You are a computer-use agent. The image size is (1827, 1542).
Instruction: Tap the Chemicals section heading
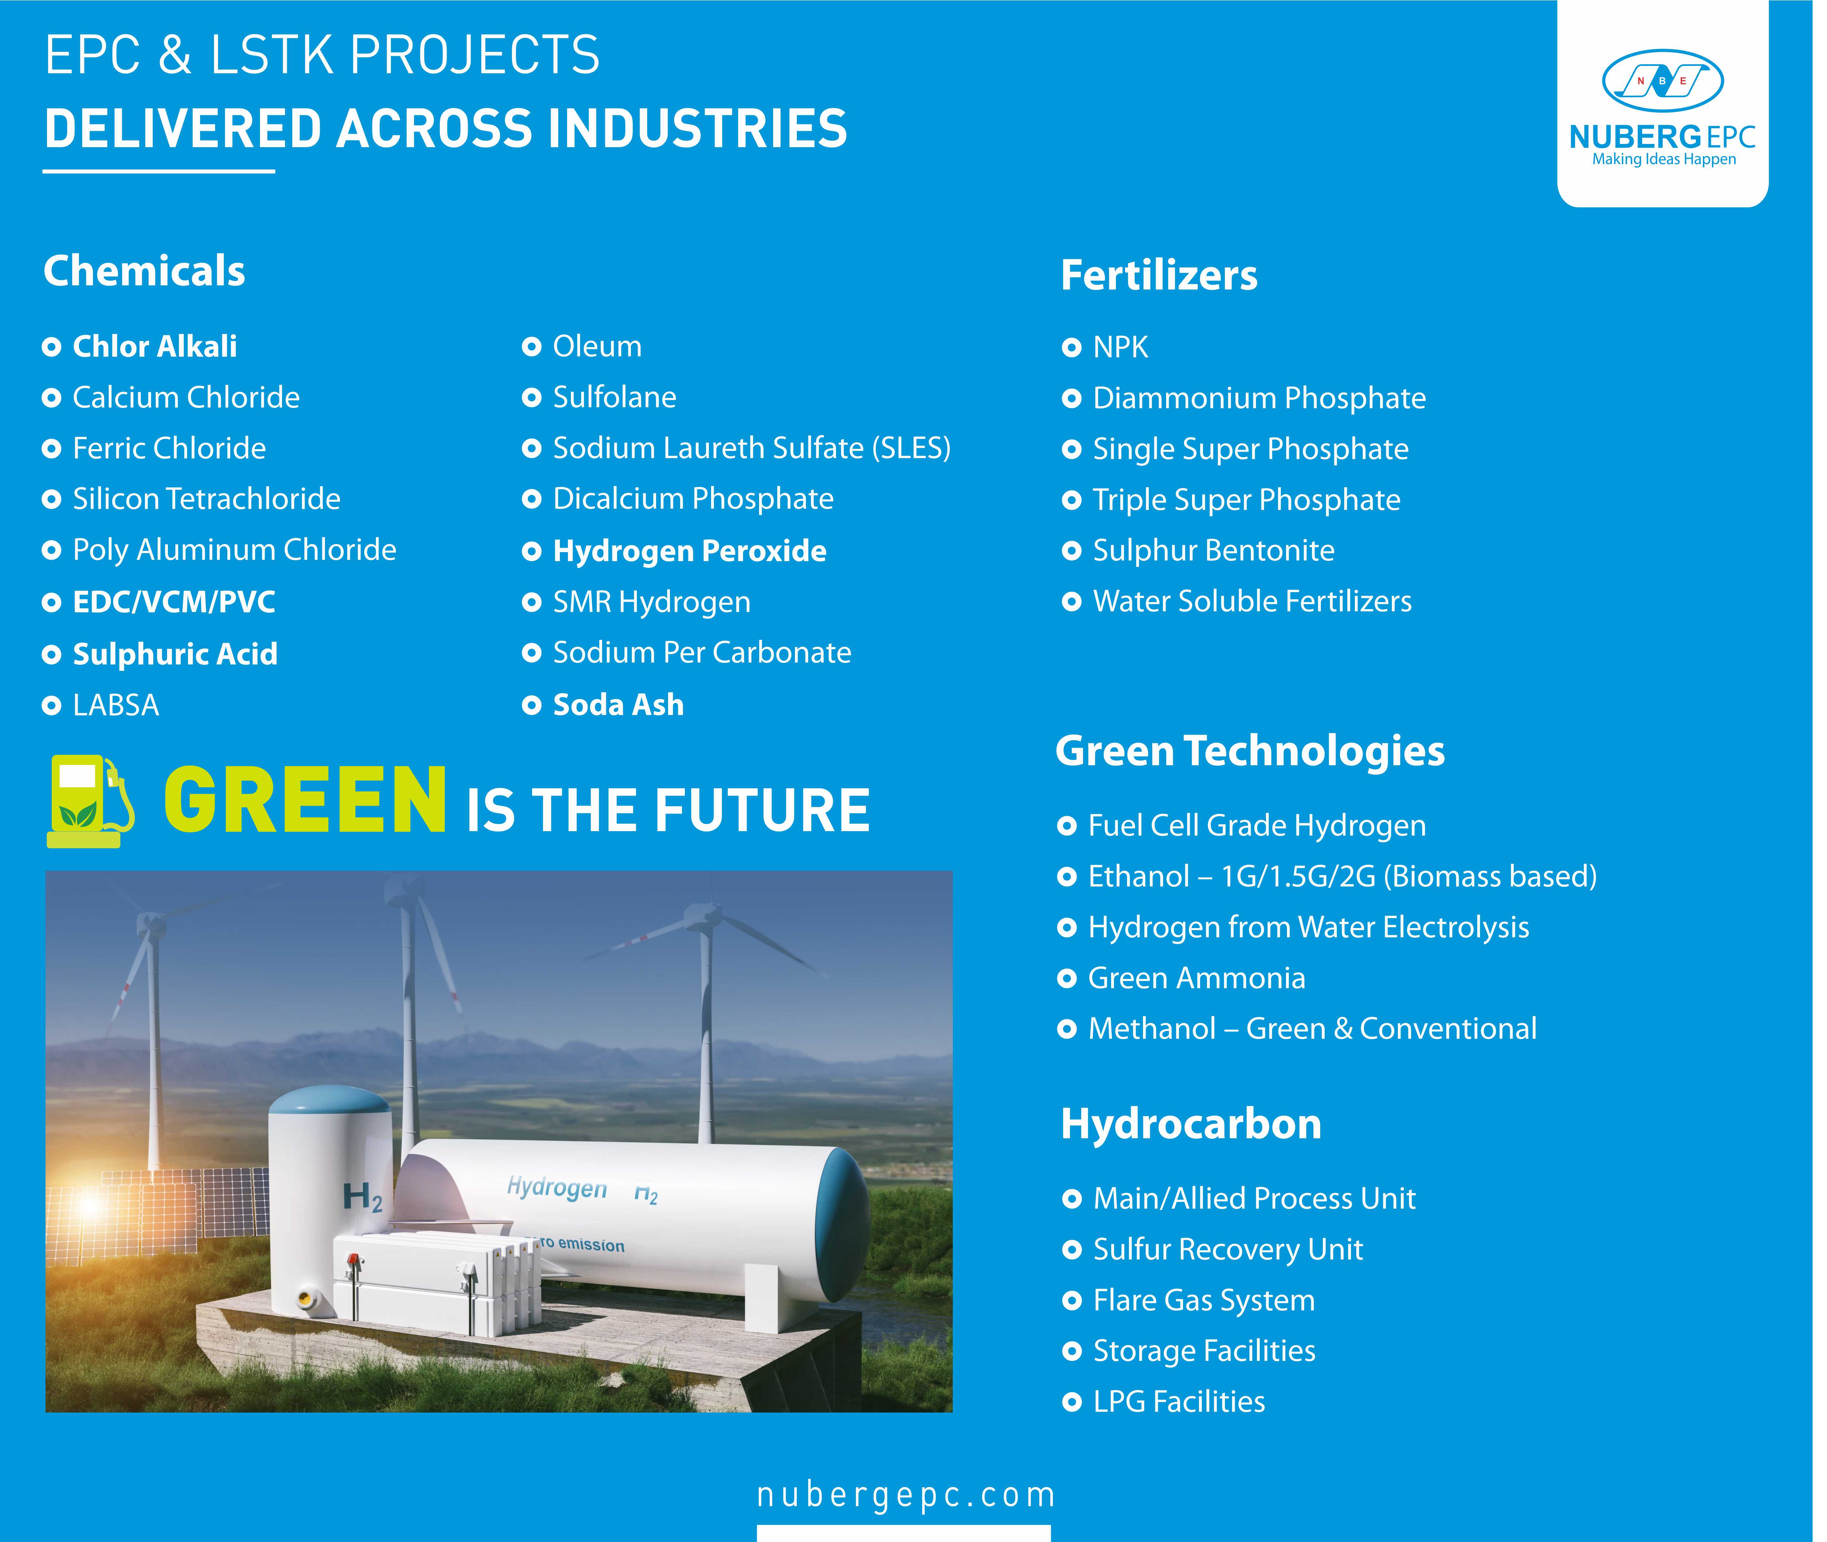click(144, 271)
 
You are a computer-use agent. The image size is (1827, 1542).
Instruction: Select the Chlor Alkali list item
click(155, 347)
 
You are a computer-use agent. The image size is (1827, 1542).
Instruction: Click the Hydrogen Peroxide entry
click(689, 552)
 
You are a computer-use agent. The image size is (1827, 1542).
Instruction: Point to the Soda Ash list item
click(619, 705)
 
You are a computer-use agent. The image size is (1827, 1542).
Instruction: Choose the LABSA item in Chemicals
click(116, 705)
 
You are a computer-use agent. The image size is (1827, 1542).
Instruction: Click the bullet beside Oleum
click(531, 347)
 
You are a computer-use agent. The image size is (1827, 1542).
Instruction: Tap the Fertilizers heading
click(1159, 275)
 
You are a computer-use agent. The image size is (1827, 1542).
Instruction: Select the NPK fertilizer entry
click(1120, 348)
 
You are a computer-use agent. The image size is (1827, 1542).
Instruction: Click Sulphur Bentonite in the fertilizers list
click(1214, 551)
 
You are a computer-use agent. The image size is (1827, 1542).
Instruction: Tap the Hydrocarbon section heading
click(1191, 1124)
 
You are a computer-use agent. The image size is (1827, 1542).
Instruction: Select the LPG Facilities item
click(1179, 1402)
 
